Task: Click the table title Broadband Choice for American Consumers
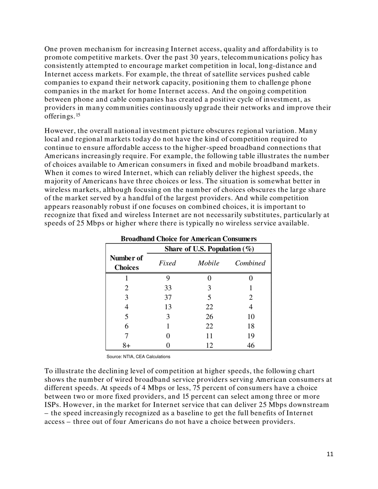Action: click(x=189, y=239)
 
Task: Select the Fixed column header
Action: click(x=168, y=263)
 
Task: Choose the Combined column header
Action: click(x=250, y=263)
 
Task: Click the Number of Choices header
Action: click(x=127, y=263)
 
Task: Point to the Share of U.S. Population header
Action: click(x=209, y=249)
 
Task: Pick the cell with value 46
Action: click(x=250, y=345)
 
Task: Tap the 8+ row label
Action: click(x=127, y=345)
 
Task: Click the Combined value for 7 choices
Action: click(x=250, y=336)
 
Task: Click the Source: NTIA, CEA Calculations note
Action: click(x=138, y=357)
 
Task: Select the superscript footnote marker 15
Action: click(x=78, y=115)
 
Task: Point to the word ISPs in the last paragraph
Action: click(x=52, y=405)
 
